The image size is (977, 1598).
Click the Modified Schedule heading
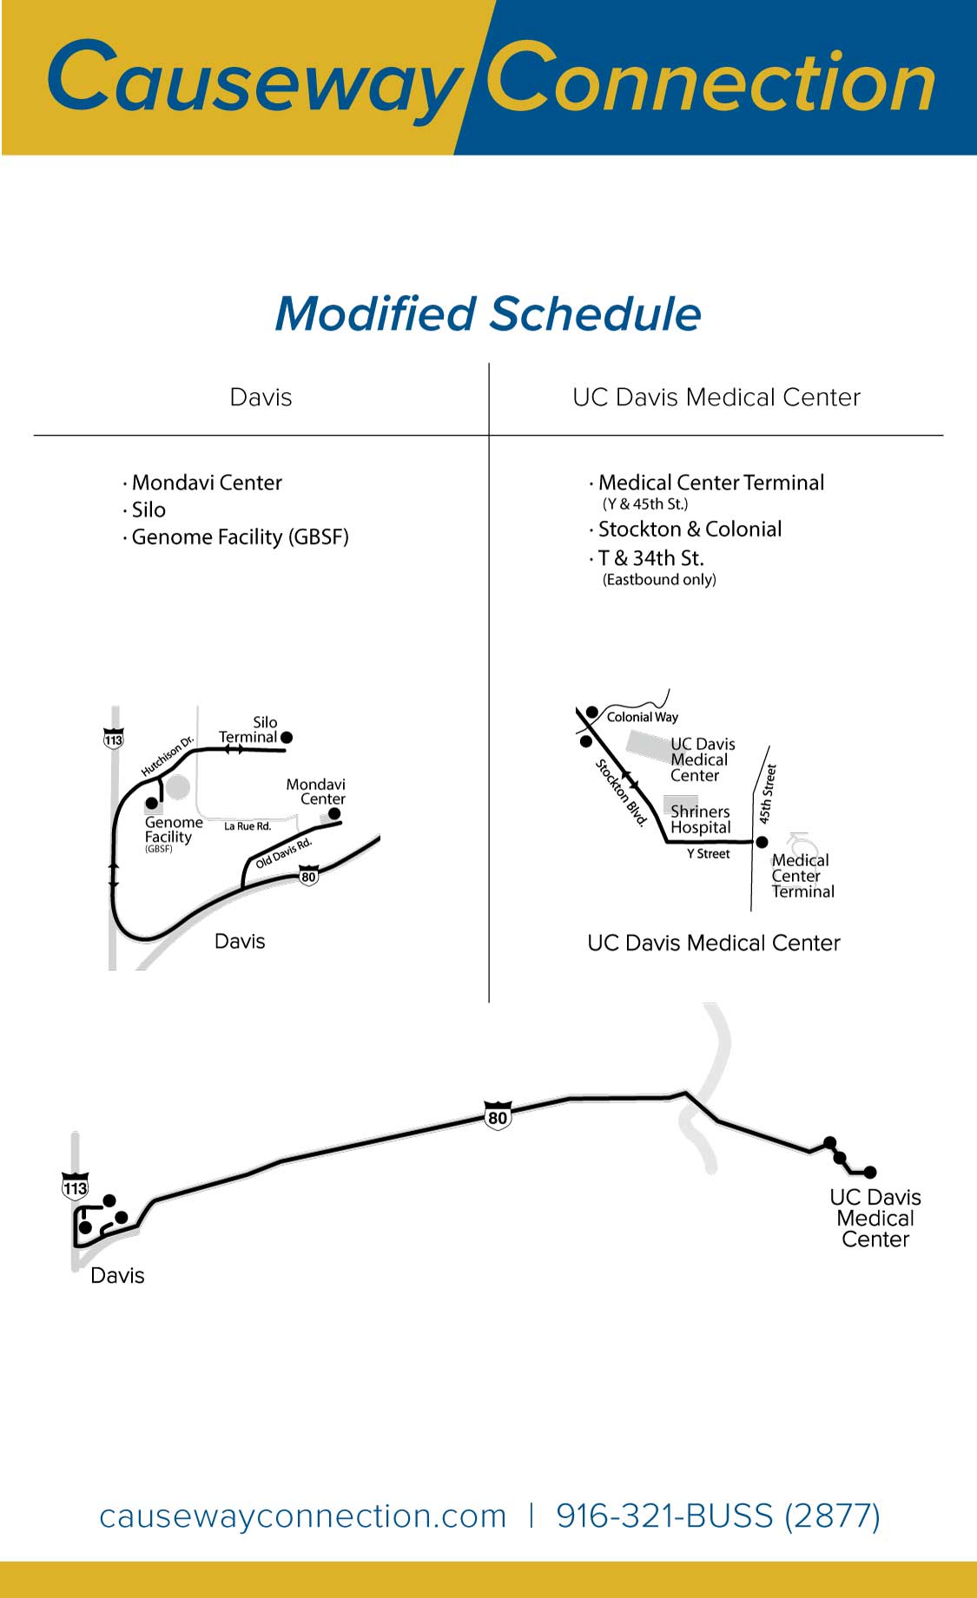(x=488, y=314)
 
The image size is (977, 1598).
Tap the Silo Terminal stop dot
(x=287, y=737)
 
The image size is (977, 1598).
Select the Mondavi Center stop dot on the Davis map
(x=334, y=814)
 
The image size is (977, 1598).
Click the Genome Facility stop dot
(x=152, y=803)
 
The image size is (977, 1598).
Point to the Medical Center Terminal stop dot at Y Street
(x=762, y=842)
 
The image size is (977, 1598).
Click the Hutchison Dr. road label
(x=168, y=757)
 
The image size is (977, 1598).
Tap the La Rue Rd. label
(x=248, y=826)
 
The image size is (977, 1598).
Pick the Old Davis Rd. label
(x=283, y=853)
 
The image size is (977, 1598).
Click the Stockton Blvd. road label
(x=622, y=792)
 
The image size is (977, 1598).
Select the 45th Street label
(x=767, y=793)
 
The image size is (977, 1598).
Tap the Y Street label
(x=709, y=854)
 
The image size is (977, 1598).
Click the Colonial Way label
(x=642, y=717)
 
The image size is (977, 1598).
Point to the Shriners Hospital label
(x=700, y=819)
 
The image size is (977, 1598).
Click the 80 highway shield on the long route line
(x=498, y=1115)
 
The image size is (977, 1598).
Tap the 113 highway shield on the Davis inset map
(x=114, y=739)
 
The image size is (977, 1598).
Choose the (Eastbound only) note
(x=659, y=580)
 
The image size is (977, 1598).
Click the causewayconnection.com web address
(x=303, y=1516)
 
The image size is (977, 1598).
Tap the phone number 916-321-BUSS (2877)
(x=718, y=1516)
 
